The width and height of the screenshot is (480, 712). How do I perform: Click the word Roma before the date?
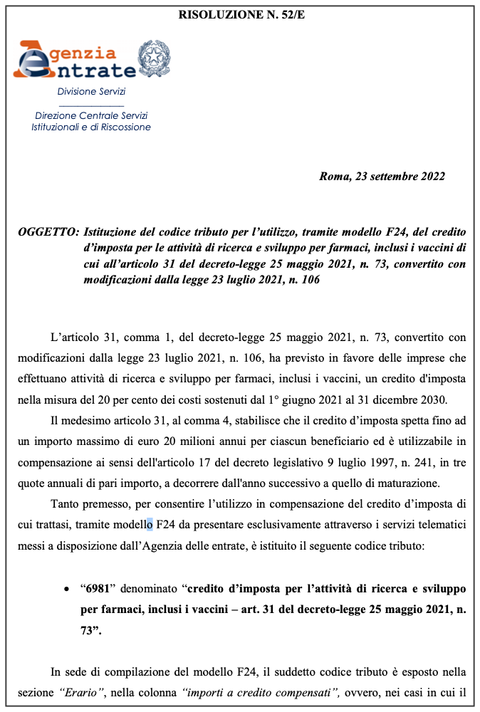coord(333,177)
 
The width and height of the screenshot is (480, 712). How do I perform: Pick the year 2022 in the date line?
coord(432,177)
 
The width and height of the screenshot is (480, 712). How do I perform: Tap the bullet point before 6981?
coord(66,591)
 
